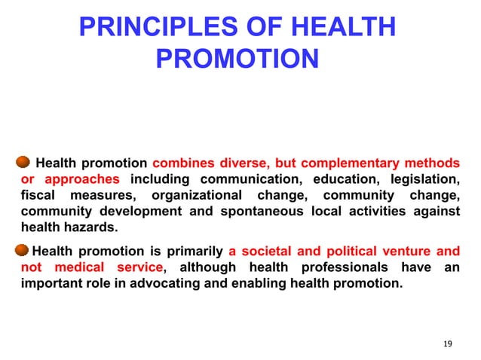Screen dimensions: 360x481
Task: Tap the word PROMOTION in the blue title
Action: point(237,58)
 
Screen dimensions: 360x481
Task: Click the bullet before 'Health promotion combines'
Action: point(23,162)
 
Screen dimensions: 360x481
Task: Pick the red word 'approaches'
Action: point(81,179)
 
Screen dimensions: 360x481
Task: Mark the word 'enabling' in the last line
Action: point(271,284)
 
